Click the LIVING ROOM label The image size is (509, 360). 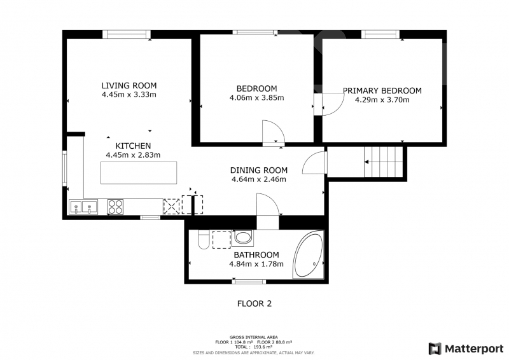pyautogui.click(x=129, y=86)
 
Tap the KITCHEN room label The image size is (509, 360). pyautogui.click(x=133, y=146)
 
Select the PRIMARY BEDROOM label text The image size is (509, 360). pyautogui.click(x=382, y=91)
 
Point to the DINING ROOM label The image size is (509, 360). pyautogui.click(x=259, y=170)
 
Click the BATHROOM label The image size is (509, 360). pyautogui.click(x=256, y=255)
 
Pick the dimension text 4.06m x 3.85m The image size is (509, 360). pyautogui.click(x=256, y=98)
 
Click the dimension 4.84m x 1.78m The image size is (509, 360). pyautogui.click(x=256, y=264)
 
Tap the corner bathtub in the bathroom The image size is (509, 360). pyautogui.click(x=308, y=254)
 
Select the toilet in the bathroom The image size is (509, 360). pyautogui.click(x=204, y=240)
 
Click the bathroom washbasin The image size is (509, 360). pyautogui.click(x=243, y=237)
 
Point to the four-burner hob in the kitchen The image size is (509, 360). pyautogui.click(x=115, y=207)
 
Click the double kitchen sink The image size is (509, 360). pyautogui.click(x=83, y=207)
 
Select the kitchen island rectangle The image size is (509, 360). pyautogui.click(x=139, y=173)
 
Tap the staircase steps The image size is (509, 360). pyautogui.click(x=383, y=162)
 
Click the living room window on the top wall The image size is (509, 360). pyautogui.click(x=127, y=34)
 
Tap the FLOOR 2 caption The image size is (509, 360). pyautogui.click(x=254, y=303)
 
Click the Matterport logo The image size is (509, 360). pyautogui.click(x=466, y=349)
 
